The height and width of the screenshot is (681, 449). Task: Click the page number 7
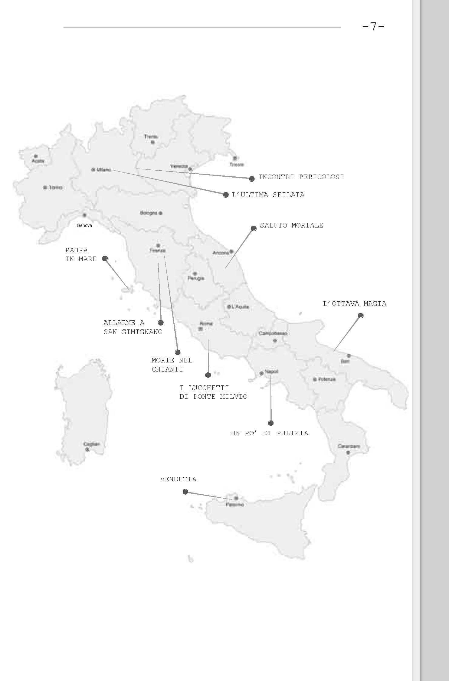coord(373,27)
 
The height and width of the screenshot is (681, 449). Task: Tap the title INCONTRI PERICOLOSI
coord(301,177)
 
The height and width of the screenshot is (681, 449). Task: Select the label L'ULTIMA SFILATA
coord(268,195)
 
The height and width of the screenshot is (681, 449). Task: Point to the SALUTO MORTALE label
coord(292,225)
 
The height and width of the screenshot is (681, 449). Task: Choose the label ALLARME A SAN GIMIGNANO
coord(133,327)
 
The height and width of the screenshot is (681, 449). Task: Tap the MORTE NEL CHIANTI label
coord(172,365)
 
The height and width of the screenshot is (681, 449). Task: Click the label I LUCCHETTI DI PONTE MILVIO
coord(213,392)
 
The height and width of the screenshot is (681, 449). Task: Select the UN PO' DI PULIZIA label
coord(270,433)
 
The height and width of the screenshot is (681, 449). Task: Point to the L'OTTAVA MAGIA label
coord(355,304)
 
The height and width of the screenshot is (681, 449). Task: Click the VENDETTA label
coord(178,479)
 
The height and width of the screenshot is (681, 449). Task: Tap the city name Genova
coord(84,225)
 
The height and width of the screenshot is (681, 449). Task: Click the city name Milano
coord(104,170)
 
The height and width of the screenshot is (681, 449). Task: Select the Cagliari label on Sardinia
coord(91,444)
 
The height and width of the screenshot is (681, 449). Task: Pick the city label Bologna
coord(149,213)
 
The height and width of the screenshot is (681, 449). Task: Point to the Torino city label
coord(55,188)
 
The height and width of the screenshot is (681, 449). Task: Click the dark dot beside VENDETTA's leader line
coord(185,492)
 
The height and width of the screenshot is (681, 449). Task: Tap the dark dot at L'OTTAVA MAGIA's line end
coord(360,316)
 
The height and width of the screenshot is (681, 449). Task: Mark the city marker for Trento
coord(153,142)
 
